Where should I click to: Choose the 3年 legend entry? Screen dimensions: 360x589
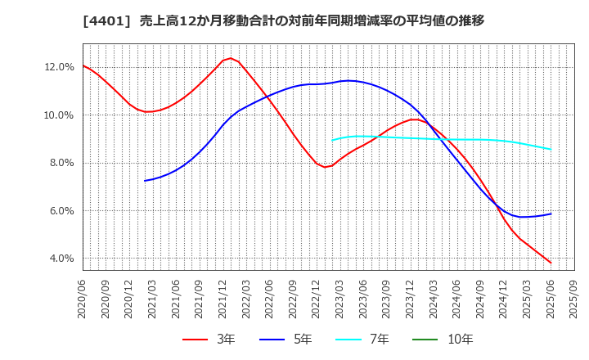point(209,339)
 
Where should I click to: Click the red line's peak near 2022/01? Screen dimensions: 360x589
point(230,58)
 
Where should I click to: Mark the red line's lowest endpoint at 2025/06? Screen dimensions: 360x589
point(551,263)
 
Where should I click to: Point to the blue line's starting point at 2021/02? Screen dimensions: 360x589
point(145,181)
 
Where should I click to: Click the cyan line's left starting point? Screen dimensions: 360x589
point(332,140)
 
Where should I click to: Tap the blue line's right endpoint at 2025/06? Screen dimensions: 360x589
point(551,214)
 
